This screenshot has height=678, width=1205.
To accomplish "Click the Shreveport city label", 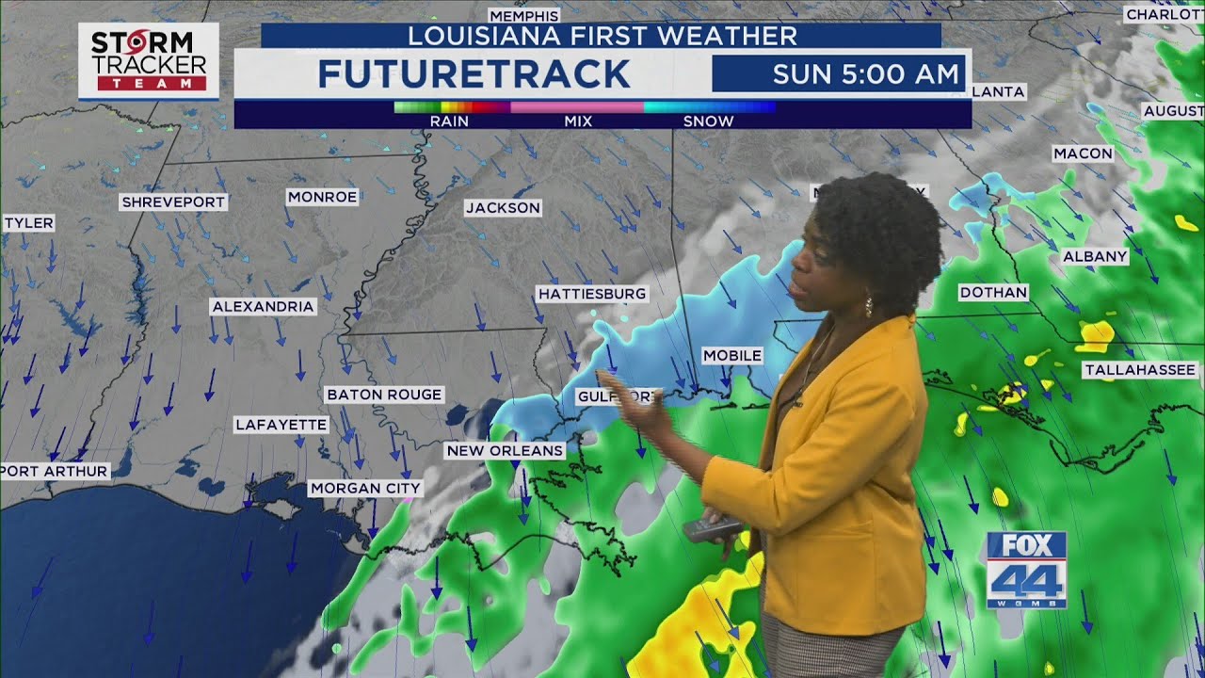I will coord(174,202).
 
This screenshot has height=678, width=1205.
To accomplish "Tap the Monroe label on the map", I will coord(322,197).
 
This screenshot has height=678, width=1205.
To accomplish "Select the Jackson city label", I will coord(503,207).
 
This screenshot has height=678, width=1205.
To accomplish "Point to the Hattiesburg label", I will coord(592,294).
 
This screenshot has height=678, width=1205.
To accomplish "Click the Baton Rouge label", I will coord(384,395).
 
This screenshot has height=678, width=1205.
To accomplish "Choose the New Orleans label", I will coord(505,450).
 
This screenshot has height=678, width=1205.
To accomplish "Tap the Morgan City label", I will coord(365,488).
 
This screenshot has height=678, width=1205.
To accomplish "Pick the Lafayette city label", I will coord(281,425).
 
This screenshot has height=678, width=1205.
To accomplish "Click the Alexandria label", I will coord(263,306).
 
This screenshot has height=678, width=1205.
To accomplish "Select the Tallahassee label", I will coord(1140,370).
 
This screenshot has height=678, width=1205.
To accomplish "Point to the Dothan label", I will coord(993,292).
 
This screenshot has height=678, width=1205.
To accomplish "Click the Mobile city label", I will coord(732,355).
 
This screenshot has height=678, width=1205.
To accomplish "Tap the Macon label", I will coord(1083,153).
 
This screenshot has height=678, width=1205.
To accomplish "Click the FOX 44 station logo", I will coord(1026,570).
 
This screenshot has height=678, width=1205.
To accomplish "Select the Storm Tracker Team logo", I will coord(149,60).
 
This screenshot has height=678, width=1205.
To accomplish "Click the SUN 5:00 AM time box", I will coord(839,73).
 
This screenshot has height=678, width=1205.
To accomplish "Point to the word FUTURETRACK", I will coord(474,73).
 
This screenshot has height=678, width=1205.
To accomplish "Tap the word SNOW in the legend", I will coord(708,121).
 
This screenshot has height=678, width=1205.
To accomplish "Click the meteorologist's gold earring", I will coord(867,306).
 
